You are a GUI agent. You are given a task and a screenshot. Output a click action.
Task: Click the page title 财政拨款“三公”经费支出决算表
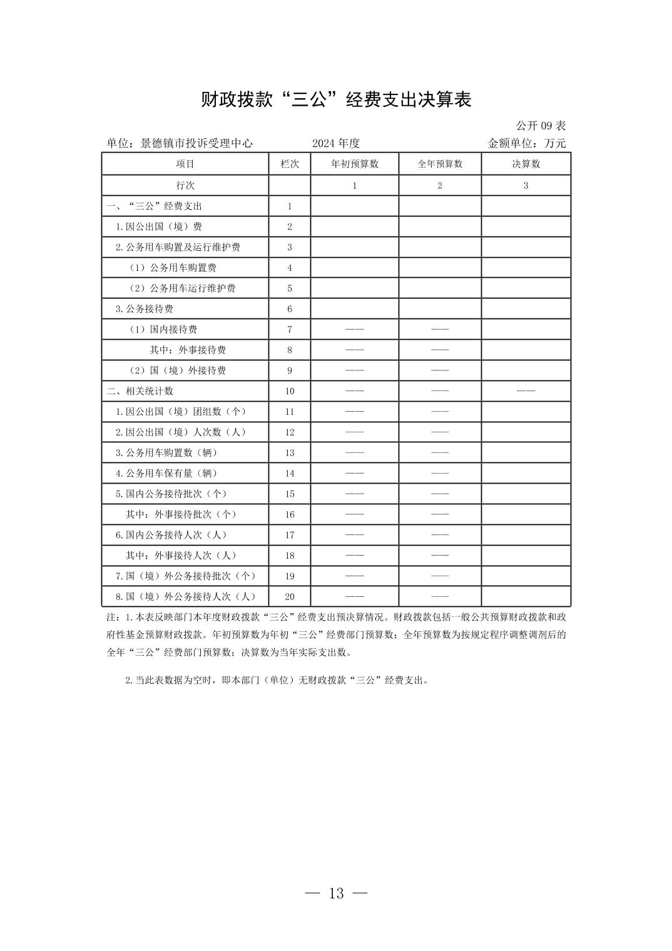[336, 99]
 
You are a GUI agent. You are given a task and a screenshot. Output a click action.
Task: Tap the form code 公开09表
[541, 126]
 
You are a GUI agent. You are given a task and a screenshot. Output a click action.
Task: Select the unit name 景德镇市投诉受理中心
[196, 143]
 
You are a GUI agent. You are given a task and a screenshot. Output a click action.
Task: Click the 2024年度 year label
[336, 143]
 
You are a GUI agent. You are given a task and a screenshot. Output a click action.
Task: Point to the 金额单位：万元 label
[526, 143]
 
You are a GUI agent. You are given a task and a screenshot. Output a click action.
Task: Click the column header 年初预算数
[354, 164]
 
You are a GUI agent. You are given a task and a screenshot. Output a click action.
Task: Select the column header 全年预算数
[440, 164]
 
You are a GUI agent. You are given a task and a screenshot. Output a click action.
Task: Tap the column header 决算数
[526, 164]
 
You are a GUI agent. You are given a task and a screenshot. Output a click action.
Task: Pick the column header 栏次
[290, 164]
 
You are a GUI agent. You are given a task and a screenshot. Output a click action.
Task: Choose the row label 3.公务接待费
[144, 308]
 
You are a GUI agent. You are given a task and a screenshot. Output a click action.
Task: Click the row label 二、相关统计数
[140, 391]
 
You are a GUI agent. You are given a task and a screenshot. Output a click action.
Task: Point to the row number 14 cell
[290, 473]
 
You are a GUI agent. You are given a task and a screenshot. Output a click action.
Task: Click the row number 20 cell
[290, 596]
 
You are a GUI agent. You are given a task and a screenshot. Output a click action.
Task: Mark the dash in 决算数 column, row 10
[526, 391]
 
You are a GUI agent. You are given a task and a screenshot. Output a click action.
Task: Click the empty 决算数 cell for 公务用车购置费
[526, 268]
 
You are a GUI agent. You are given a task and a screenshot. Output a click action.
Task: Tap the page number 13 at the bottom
[336, 893]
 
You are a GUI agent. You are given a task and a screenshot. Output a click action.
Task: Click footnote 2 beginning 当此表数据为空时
[277, 681]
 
